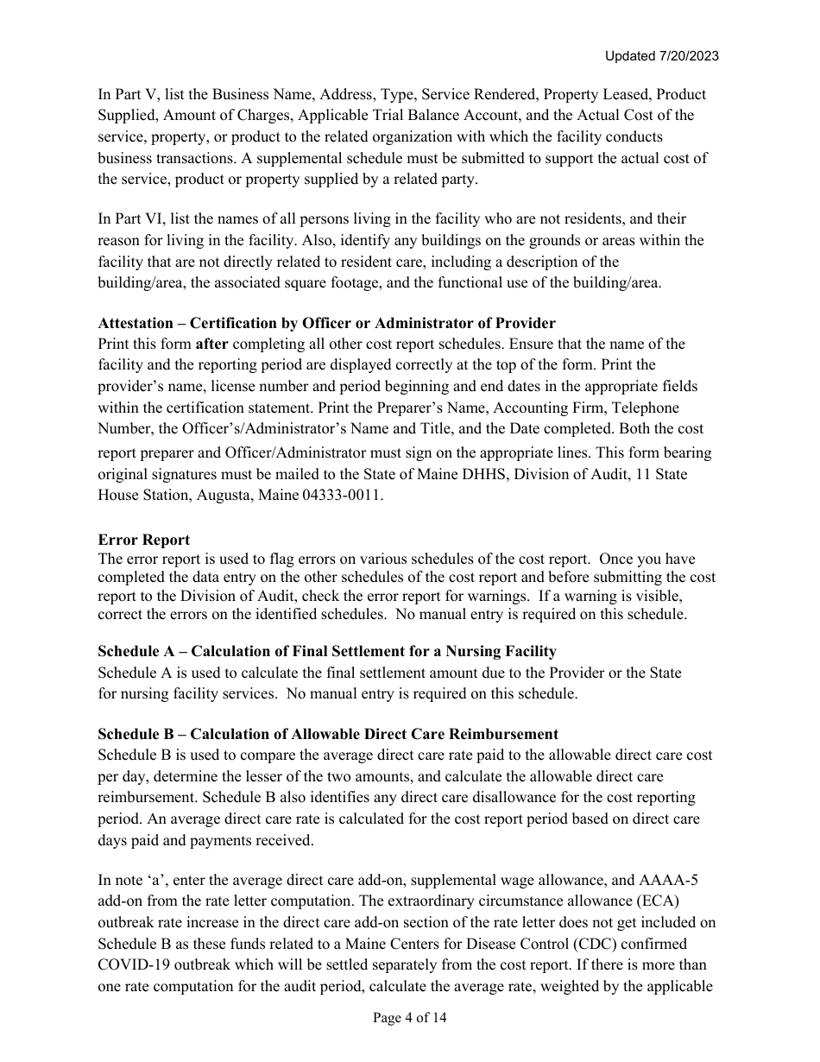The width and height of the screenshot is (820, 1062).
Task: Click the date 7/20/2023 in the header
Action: point(687,56)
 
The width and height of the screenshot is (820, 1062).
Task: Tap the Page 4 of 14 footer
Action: point(410,1018)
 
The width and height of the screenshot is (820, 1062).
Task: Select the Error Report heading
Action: point(143,540)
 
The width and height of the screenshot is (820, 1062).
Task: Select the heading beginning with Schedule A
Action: point(326,651)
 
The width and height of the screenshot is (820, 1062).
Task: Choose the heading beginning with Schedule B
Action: point(327,734)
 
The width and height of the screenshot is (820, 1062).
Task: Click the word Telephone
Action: point(637,408)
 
